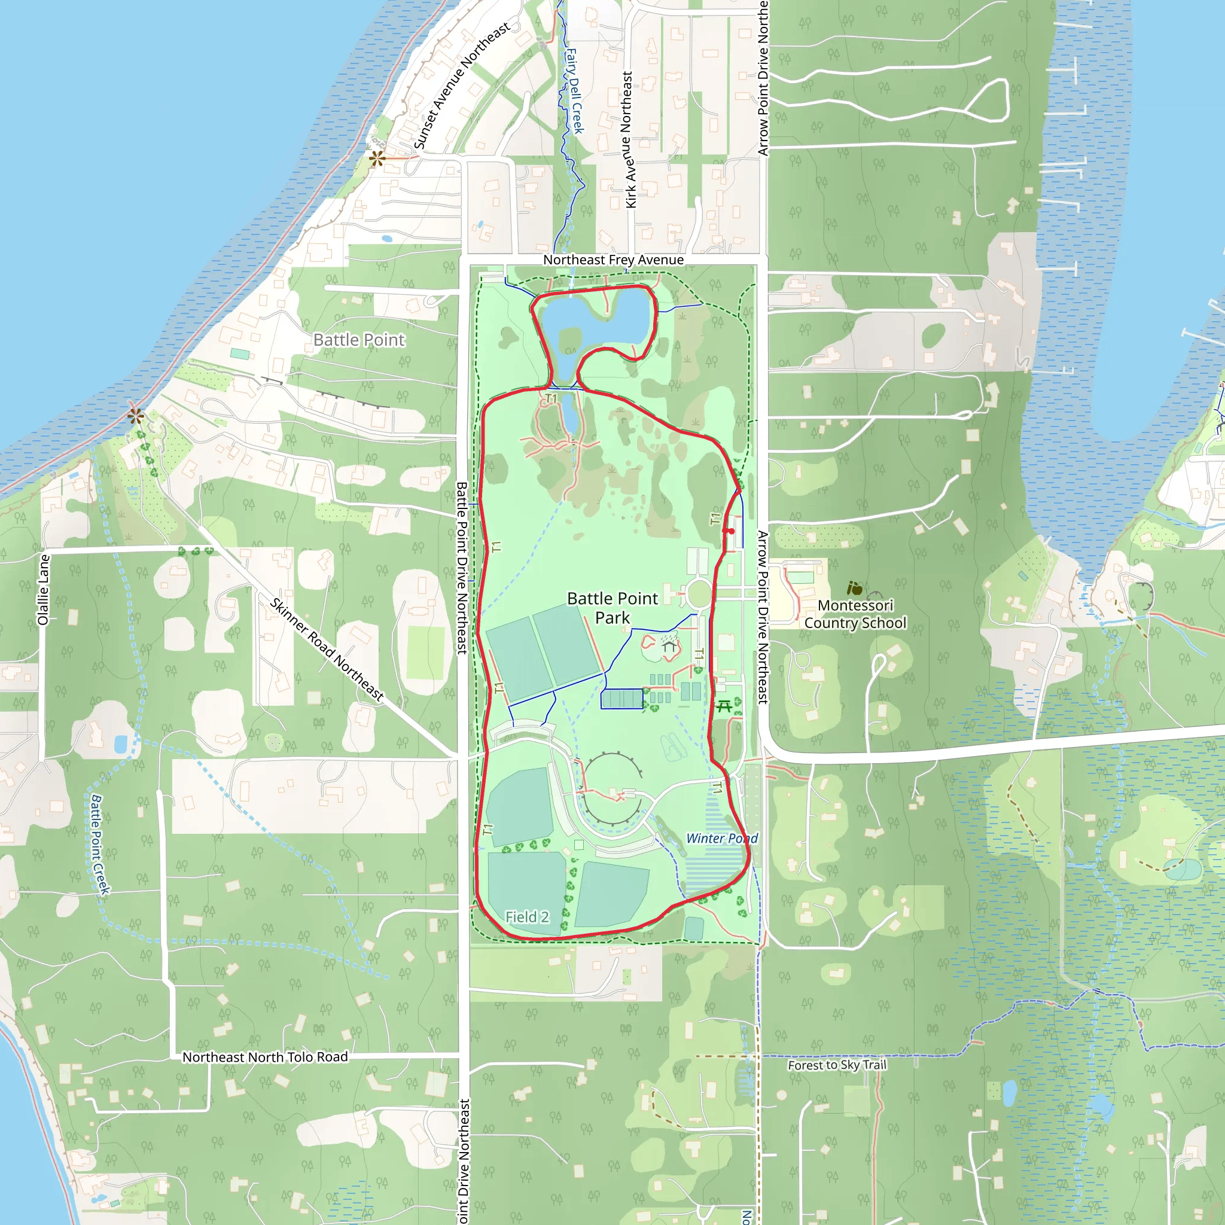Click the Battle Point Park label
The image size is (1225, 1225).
tap(612, 608)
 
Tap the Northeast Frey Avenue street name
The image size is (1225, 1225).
tap(613, 260)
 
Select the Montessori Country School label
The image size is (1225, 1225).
tap(855, 614)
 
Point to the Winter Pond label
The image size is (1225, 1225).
tap(721, 838)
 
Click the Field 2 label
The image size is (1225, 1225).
tap(527, 917)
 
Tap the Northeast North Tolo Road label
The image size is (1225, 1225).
tap(265, 1057)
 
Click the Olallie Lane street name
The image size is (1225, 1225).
tap(43, 590)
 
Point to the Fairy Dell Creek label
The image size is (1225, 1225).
tap(574, 91)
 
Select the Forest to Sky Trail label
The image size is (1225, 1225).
tap(837, 1065)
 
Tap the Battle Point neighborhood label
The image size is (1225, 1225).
tap(359, 340)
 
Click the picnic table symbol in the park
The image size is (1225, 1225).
tap(724, 706)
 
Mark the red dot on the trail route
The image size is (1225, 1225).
tap(731, 531)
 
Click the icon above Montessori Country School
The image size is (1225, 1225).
tap(855, 589)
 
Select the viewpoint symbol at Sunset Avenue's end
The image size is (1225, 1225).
tap(377, 158)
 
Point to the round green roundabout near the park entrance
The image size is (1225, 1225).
tap(699, 594)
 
